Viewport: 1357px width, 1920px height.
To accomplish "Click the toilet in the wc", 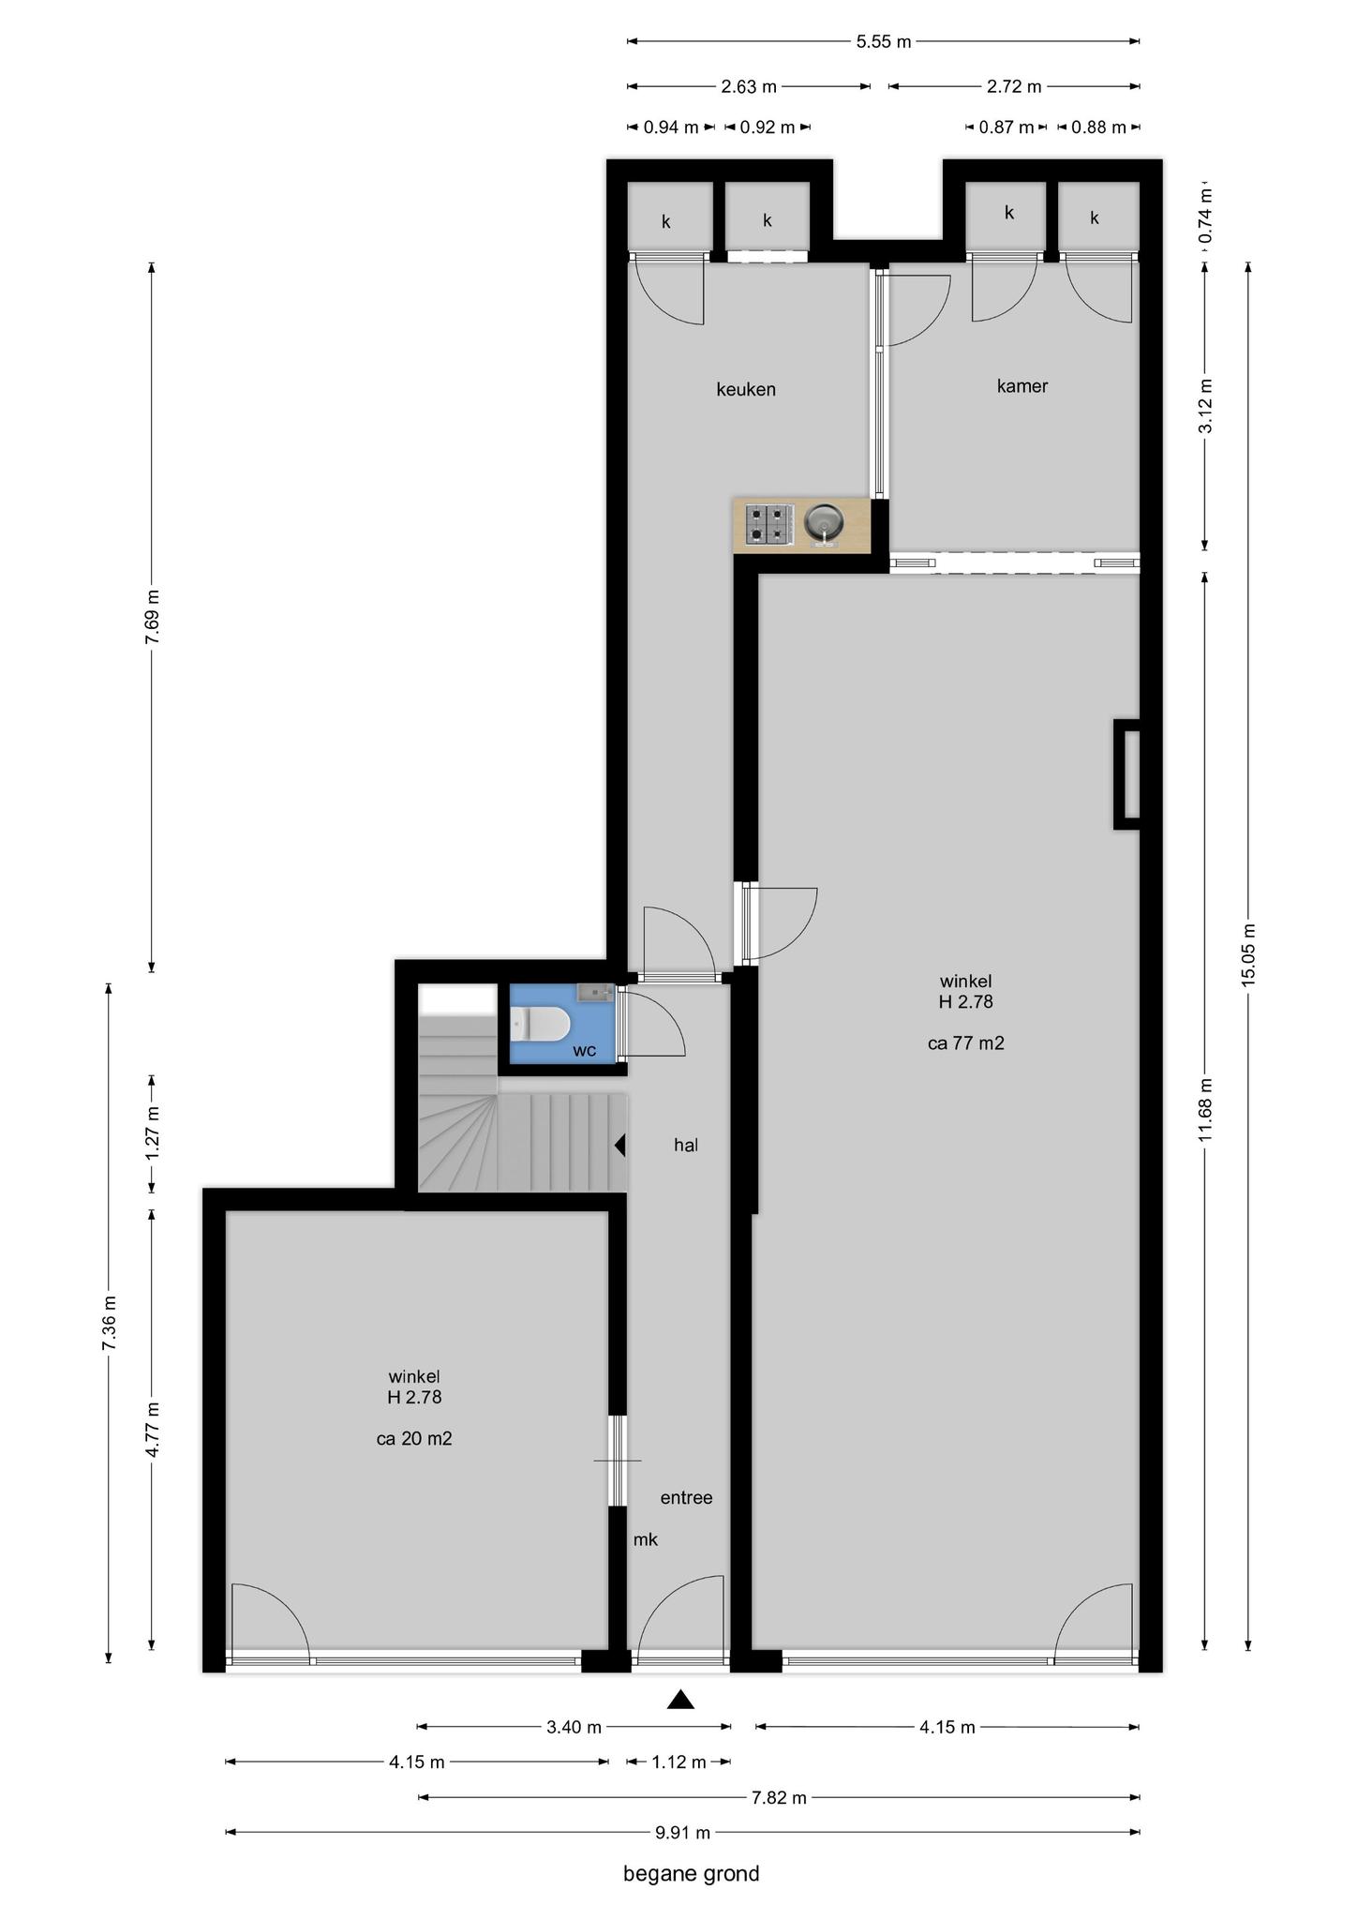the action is point(541,1024).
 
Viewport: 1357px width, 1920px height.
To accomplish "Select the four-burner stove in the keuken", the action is point(768,523).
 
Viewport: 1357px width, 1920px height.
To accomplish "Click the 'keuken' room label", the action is point(746,389).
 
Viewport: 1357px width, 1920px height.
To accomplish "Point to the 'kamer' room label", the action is point(1022,385).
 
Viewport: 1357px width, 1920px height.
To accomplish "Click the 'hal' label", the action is point(686,1145).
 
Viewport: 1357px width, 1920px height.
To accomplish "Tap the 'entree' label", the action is point(686,1497).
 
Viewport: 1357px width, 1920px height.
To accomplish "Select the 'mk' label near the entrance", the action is point(646,1538).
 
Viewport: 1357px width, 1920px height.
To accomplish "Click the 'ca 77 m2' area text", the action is point(966,1042).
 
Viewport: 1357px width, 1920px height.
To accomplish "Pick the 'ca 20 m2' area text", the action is point(414,1438).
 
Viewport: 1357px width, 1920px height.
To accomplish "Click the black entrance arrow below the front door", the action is point(680,1699).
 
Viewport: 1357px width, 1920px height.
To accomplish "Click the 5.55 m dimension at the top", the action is point(884,41).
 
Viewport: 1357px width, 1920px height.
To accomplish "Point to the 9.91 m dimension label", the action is point(682,1832).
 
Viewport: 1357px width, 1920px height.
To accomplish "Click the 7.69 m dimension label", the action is point(152,616).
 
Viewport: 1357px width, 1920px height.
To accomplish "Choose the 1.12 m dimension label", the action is point(678,1762).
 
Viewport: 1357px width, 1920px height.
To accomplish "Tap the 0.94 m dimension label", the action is point(671,127).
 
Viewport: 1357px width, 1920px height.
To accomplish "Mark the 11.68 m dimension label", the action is point(1205,1109).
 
